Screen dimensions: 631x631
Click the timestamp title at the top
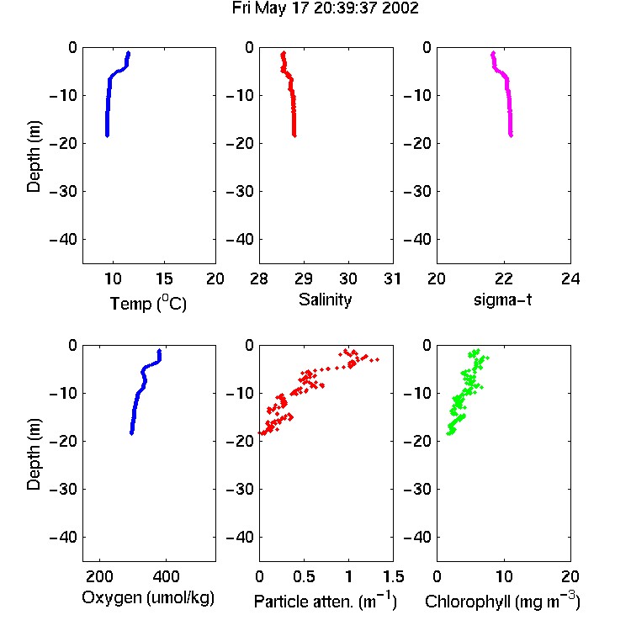[x=325, y=8]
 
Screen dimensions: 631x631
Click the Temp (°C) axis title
[x=148, y=303]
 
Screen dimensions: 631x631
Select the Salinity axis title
[x=325, y=300]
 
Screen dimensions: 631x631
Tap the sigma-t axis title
[x=502, y=300]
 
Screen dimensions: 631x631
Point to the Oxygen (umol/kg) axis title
[x=148, y=598]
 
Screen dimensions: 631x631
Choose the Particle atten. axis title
[x=325, y=601]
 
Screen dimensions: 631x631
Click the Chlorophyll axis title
[x=502, y=601]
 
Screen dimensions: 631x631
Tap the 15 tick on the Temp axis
[x=164, y=278]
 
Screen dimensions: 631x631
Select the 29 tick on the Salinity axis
[x=304, y=278]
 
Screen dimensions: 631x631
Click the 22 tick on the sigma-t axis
[x=503, y=278]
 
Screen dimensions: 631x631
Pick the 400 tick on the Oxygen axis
[x=166, y=576]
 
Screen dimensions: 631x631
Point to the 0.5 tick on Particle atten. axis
[x=304, y=576]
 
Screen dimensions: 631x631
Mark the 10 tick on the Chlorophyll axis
[x=503, y=576]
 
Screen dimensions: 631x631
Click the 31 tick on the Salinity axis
[x=393, y=278]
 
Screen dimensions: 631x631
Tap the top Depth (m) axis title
[x=34, y=156]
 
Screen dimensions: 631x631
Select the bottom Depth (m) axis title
[x=34, y=454]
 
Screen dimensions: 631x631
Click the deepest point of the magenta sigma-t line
[x=511, y=135]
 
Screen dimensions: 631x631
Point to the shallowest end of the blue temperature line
[x=129, y=52]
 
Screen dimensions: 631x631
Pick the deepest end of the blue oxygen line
[x=131, y=433]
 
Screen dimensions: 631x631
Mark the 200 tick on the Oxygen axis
[x=99, y=576]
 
